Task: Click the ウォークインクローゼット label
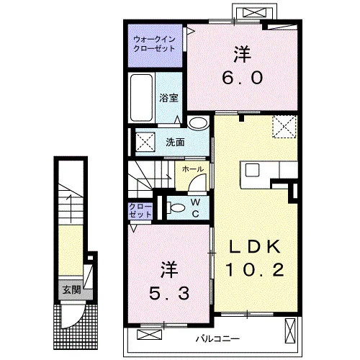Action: tap(154, 44)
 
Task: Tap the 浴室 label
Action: tap(168, 98)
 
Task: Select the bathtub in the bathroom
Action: tap(141, 98)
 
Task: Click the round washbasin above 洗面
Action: tap(198, 122)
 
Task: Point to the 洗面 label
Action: tap(175, 143)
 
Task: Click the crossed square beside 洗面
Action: tap(145, 142)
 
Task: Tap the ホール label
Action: tap(193, 169)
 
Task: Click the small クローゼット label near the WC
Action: tap(140, 210)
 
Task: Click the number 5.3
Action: tap(169, 293)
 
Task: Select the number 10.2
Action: tap(255, 269)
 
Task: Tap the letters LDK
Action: tap(255, 246)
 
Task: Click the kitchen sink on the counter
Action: tap(252, 170)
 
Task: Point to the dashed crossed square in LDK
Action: tap(284, 127)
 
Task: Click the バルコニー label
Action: tap(218, 339)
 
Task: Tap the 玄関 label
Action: tap(71, 290)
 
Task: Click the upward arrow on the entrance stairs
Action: tap(71, 208)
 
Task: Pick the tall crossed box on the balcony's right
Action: tap(289, 330)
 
